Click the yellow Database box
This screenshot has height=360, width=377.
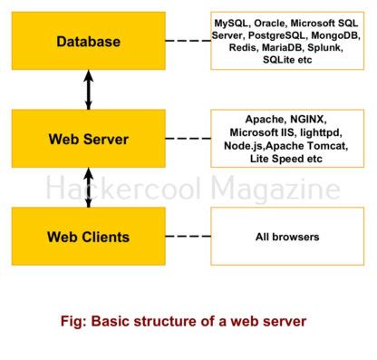click(88, 41)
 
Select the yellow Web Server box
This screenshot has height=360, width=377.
click(88, 139)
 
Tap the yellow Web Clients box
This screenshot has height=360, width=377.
click(88, 237)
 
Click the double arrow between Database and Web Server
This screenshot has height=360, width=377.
click(88, 90)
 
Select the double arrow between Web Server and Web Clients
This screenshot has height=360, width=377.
click(88, 188)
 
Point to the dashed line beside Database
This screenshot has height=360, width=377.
click(188, 42)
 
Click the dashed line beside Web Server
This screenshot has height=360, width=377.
click(188, 139)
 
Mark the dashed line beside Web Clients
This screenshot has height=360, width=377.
click(188, 237)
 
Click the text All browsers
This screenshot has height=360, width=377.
click(286, 238)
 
